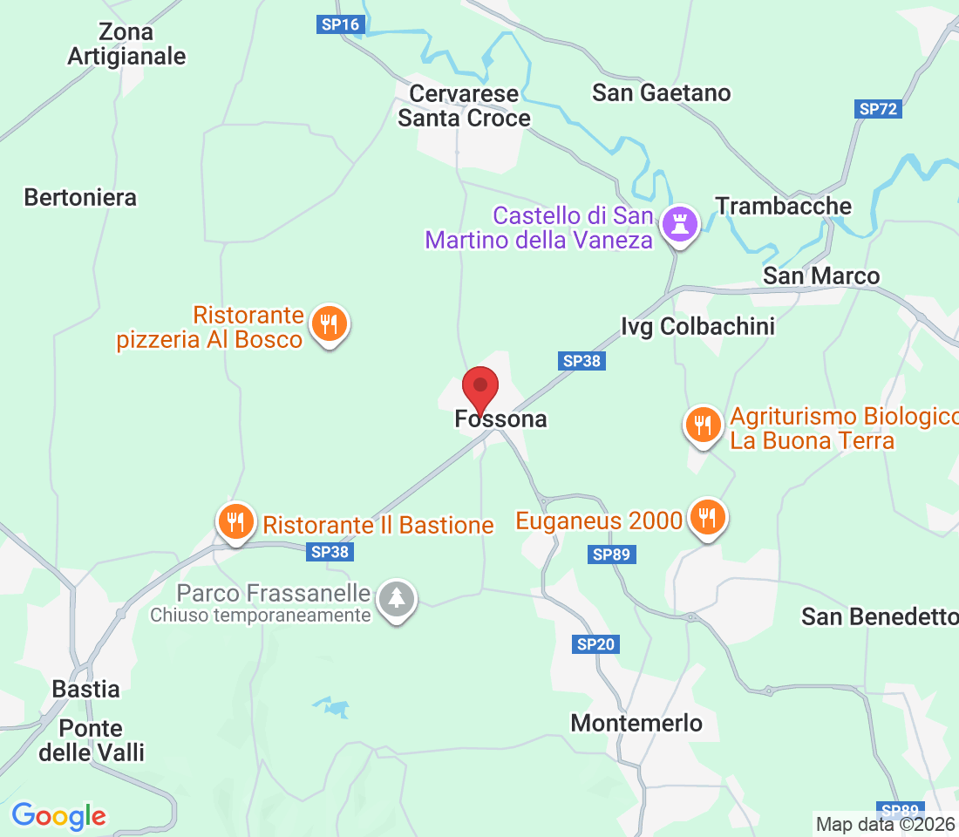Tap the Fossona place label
(500, 419)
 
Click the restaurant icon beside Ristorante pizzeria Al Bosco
(329, 324)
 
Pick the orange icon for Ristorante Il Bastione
(235, 522)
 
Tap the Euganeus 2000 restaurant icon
(707, 518)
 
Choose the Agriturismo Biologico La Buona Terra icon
(703, 425)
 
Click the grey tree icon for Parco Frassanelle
(398, 598)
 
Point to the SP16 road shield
(340, 24)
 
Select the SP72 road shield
(878, 109)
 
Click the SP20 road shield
(596, 644)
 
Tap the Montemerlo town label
(636, 723)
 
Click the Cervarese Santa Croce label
(464, 105)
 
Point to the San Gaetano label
(661, 92)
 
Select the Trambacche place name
(783, 206)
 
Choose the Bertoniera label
(80, 197)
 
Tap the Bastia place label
(85, 689)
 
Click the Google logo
(58, 816)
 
